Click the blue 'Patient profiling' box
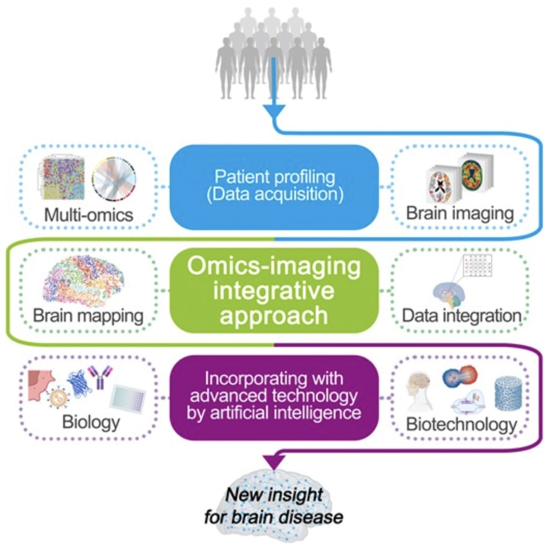[x=274, y=187]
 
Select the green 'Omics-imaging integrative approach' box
[x=274, y=291]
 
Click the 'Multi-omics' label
[x=89, y=215]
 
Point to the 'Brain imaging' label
[x=460, y=214]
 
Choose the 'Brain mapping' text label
[x=88, y=315]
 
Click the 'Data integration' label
[x=461, y=315]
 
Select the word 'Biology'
[x=91, y=422]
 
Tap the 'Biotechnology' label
[x=461, y=424]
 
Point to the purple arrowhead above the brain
[x=274, y=461]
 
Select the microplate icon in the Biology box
[x=128, y=398]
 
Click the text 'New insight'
[x=274, y=495]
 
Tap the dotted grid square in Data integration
[x=478, y=265]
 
